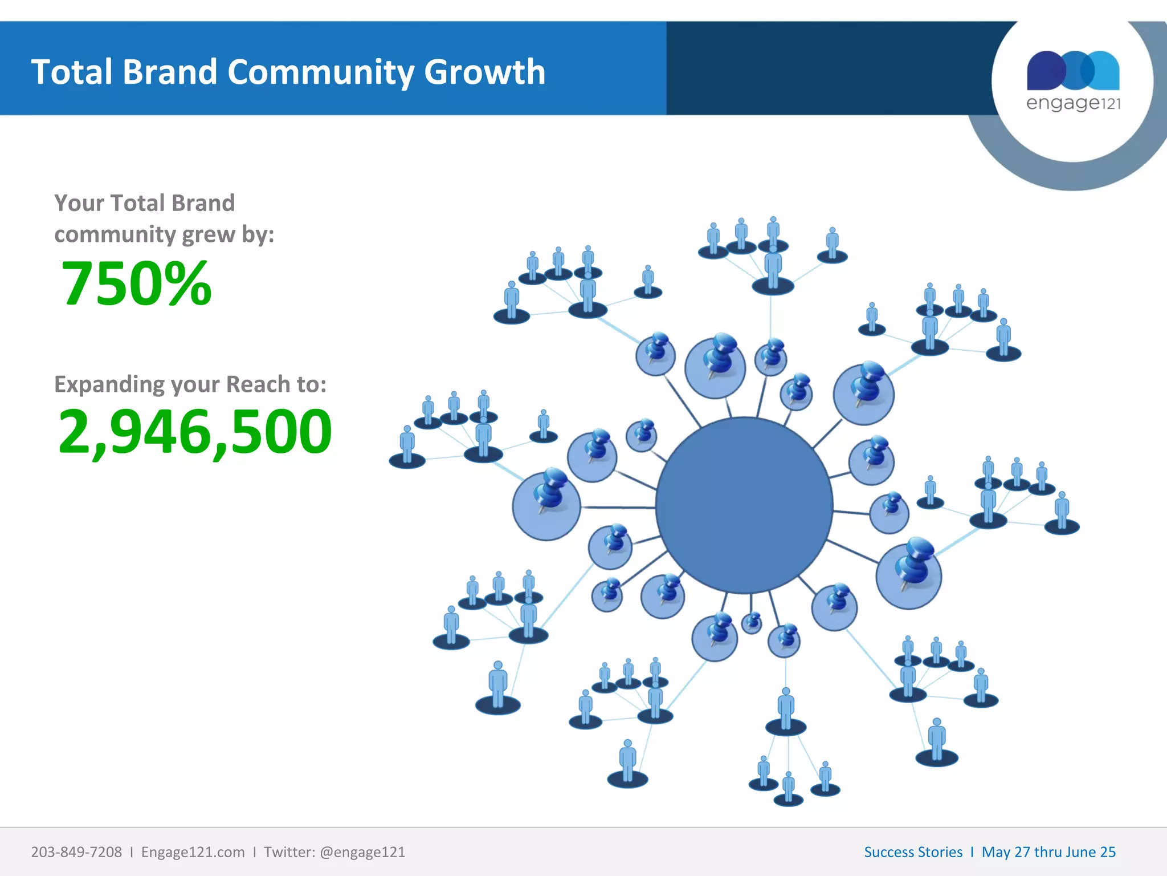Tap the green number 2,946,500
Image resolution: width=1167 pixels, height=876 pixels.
click(195, 432)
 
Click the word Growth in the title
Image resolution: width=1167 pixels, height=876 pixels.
click(484, 72)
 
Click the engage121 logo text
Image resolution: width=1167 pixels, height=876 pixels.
click(1073, 103)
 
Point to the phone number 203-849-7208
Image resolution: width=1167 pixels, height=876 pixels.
click(76, 852)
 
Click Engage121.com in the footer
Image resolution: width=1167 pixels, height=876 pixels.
click(193, 852)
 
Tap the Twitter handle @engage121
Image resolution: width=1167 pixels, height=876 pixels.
click(362, 852)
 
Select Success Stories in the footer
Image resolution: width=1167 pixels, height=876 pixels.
click(913, 852)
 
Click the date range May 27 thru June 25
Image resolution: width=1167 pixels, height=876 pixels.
click(1048, 852)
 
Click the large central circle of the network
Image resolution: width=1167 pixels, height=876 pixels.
click(744, 505)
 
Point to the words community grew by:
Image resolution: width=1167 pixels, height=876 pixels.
click(164, 234)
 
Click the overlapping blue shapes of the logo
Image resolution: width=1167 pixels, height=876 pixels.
click(1073, 71)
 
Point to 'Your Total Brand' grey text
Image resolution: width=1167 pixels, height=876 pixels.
click(144, 203)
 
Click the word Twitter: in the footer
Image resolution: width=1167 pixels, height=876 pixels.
click(289, 852)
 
